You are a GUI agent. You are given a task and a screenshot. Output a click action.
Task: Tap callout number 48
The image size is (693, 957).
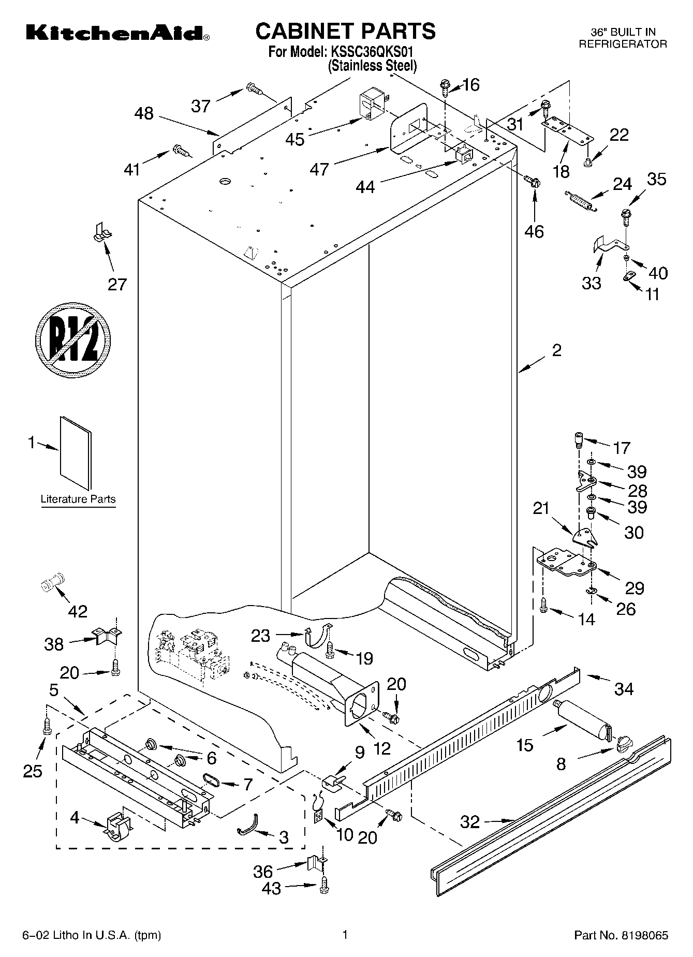click(x=144, y=113)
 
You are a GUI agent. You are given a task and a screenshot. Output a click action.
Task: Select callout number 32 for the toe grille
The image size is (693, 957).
click(x=470, y=821)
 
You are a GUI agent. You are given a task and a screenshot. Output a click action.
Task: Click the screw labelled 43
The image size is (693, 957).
click(x=325, y=887)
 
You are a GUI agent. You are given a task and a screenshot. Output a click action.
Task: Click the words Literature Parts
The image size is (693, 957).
click(x=78, y=499)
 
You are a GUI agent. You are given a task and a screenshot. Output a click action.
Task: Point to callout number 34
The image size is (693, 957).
click(x=624, y=689)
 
